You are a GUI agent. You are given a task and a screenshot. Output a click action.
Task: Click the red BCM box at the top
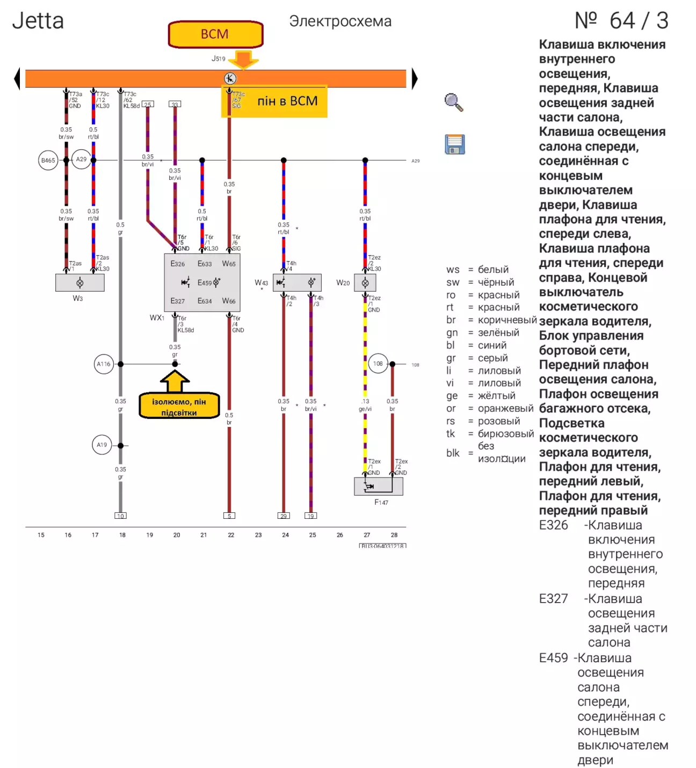(215, 34)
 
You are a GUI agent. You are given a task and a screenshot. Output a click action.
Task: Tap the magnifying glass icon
(454, 102)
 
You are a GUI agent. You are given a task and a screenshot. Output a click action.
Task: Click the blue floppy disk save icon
(454, 144)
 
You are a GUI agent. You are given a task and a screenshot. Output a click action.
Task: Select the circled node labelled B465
(48, 160)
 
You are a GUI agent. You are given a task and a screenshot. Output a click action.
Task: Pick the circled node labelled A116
(103, 364)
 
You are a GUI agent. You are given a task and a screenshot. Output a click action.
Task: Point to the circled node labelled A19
(102, 445)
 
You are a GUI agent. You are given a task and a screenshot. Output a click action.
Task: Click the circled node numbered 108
(378, 364)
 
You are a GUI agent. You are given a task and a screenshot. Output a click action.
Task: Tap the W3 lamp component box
(79, 282)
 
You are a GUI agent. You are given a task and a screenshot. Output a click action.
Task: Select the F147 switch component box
(378, 486)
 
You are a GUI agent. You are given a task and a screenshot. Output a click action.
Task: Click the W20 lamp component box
(365, 282)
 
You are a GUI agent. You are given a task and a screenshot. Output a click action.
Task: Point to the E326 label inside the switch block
(178, 264)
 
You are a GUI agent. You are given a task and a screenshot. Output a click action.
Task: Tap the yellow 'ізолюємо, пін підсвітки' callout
(179, 407)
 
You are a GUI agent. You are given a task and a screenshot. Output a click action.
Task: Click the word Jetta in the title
(38, 21)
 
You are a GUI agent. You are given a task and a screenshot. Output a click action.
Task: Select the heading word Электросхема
(340, 21)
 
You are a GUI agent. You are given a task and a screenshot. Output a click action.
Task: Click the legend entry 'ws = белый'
(477, 270)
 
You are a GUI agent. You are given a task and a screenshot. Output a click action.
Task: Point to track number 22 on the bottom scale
(231, 535)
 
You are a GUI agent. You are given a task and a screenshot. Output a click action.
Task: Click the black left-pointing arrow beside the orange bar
(17, 78)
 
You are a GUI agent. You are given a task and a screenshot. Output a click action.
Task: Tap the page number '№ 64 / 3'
(621, 21)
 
